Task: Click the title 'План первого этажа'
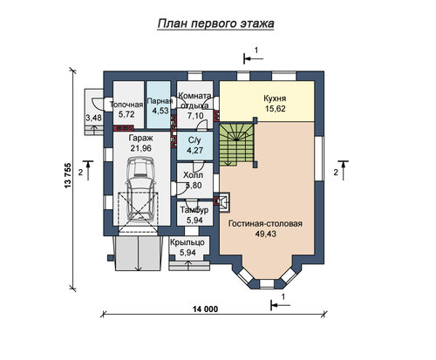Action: pyautogui.click(x=215, y=24)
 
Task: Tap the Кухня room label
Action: pyautogui.click(x=275, y=98)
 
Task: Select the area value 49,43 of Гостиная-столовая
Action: pyautogui.click(x=265, y=234)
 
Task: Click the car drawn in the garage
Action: pyautogui.click(x=140, y=189)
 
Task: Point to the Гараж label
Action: pyautogui.click(x=140, y=138)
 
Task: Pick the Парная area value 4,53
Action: pyautogui.click(x=160, y=111)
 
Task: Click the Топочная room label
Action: pyautogui.click(x=126, y=105)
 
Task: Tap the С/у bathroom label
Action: pyautogui.click(x=194, y=140)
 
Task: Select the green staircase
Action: pyautogui.click(x=236, y=144)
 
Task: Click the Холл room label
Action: pyautogui.click(x=193, y=175)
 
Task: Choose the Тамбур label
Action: pyautogui.click(x=194, y=210)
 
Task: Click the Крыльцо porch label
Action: pyautogui.click(x=187, y=242)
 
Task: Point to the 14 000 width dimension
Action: pyautogui.click(x=205, y=309)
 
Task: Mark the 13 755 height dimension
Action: pyautogui.click(x=67, y=176)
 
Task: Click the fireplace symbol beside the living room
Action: pyautogui.click(x=222, y=201)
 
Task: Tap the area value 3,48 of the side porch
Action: pyautogui.click(x=93, y=118)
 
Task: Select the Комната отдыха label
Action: pyautogui.click(x=194, y=100)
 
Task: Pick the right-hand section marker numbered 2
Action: pyautogui.click(x=343, y=170)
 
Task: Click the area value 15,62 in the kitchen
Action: pyautogui.click(x=275, y=109)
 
